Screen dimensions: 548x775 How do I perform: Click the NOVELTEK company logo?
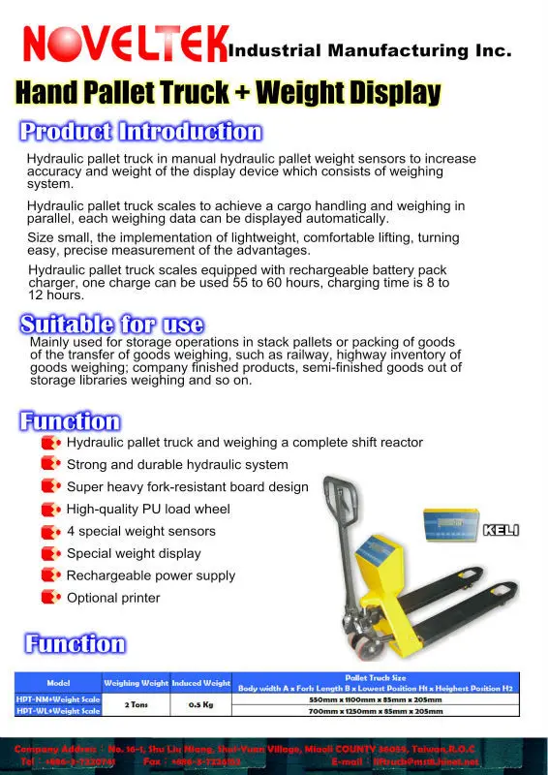(x=122, y=44)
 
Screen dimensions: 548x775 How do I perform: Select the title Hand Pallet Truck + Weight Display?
(x=228, y=93)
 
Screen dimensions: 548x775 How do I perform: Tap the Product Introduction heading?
(x=141, y=132)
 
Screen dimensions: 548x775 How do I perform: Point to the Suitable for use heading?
(x=112, y=325)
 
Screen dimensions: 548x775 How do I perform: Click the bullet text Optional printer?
(x=113, y=598)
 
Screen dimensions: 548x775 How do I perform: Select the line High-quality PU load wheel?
(x=148, y=509)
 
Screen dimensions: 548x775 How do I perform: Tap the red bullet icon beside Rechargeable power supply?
(x=50, y=575)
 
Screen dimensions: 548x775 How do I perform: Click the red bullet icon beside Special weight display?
(x=50, y=553)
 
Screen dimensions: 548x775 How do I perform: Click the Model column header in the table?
(x=58, y=683)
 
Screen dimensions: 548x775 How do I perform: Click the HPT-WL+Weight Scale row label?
(x=58, y=711)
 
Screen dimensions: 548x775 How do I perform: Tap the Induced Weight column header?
(x=201, y=683)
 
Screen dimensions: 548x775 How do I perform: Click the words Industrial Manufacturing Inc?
(x=368, y=49)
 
